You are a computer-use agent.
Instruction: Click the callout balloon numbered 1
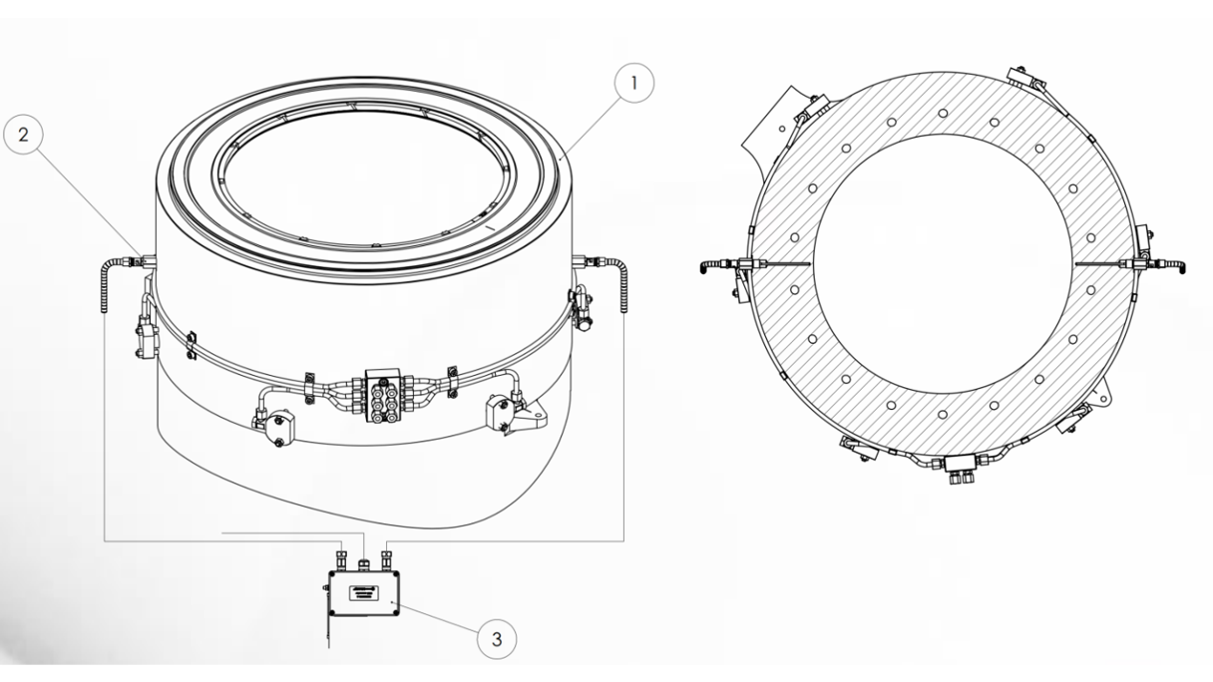coord(633,84)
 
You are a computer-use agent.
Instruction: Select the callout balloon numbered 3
coord(496,638)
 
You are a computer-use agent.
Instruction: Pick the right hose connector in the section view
coord(1147,264)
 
